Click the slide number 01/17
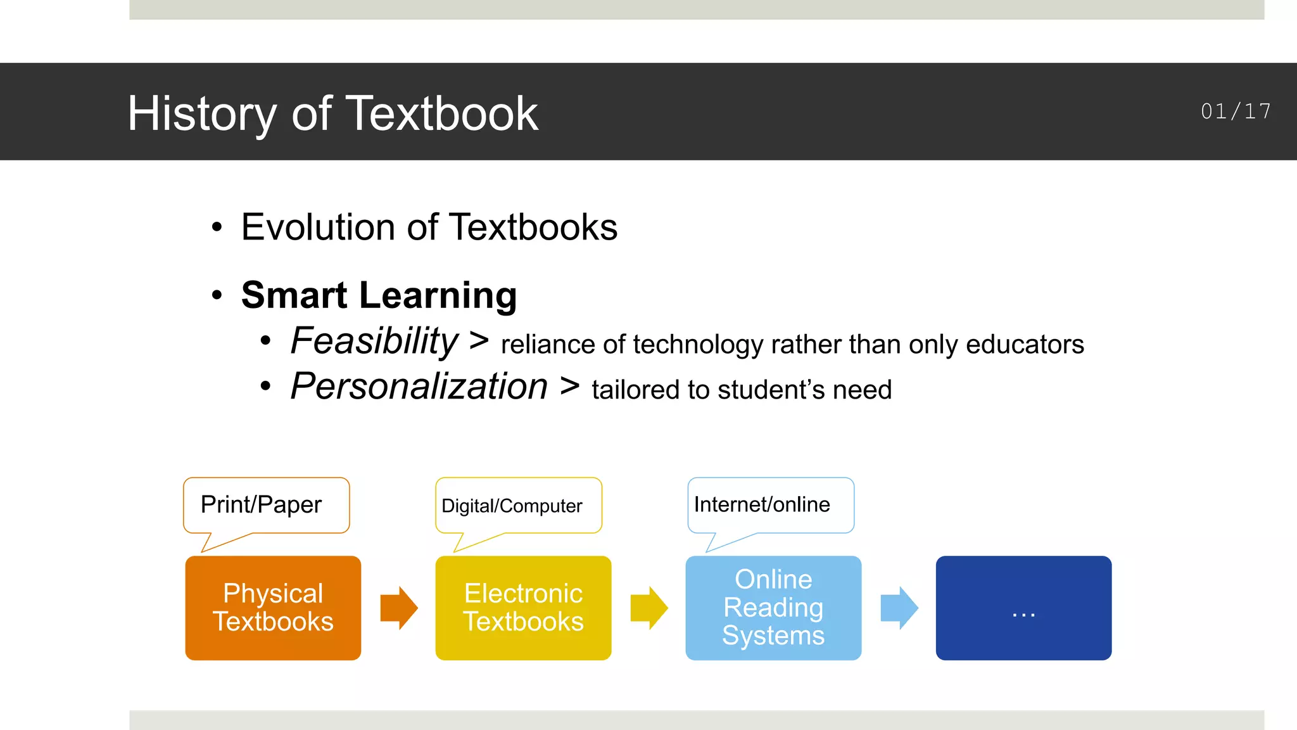[x=1236, y=112]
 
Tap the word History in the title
[x=202, y=113]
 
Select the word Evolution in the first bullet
[x=319, y=227]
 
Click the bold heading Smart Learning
[x=379, y=295]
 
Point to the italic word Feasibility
[x=374, y=342]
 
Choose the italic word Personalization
[x=419, y=387]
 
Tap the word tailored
[x=634, y=390]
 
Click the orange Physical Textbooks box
[x=273, y=608]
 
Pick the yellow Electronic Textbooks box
[x=523, y=608]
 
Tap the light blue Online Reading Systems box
[x=773, y=608]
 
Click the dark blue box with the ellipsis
[x=1023, y=608]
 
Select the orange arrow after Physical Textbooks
[x=398, y=608]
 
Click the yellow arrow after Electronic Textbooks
[x=648, y=608]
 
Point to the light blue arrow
[x=899, y=608]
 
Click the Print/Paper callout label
[x=262, y=505]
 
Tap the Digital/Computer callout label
[x=512, y=506]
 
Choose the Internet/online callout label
[x=762, y=504]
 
